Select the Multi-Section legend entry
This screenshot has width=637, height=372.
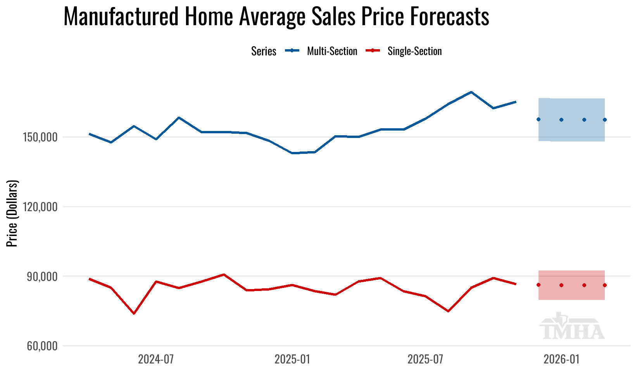tap(332, 51)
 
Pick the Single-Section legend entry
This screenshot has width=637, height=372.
tap(414, 51)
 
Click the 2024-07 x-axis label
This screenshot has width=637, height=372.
tap(156, 360)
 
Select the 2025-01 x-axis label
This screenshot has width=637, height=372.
tap(292, 360)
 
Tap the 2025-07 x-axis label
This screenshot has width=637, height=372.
tap(425, 360)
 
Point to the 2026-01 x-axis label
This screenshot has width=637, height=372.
tap(561, 360)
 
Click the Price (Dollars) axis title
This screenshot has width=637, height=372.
tap(12, 213)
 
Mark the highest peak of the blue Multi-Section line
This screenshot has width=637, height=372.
tap(471, 92)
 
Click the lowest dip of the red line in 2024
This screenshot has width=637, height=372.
tap(134, 313)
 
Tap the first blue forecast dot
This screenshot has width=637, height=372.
tap(539, 119)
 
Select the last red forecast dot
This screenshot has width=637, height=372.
tap(604, 285)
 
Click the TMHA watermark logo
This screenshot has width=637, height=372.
tap(572, 327)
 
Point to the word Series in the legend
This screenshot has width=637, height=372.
tap(264, 51)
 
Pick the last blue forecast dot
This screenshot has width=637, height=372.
tap(604, 120)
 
